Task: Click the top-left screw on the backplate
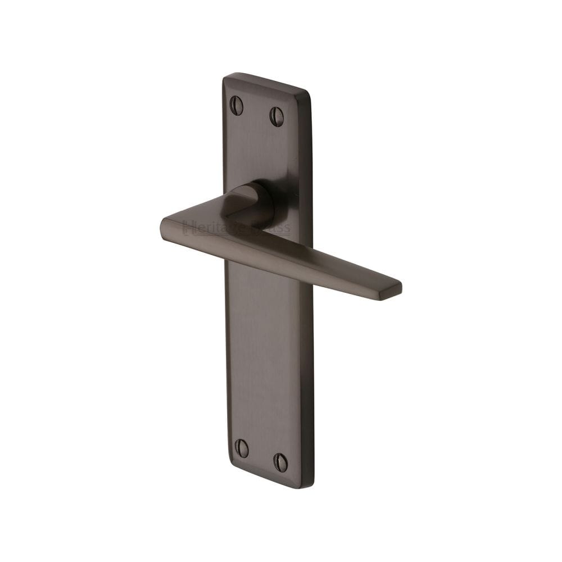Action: pos(237,105)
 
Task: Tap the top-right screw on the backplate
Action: pos(277,116)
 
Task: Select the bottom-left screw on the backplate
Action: pos(242,447)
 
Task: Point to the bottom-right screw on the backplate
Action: pos(280,463)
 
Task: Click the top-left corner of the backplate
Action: pos(225,76)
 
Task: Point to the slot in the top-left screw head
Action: pos(237,105)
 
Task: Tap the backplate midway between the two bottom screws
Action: pos(261,455)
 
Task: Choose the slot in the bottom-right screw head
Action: pos(280,463)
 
